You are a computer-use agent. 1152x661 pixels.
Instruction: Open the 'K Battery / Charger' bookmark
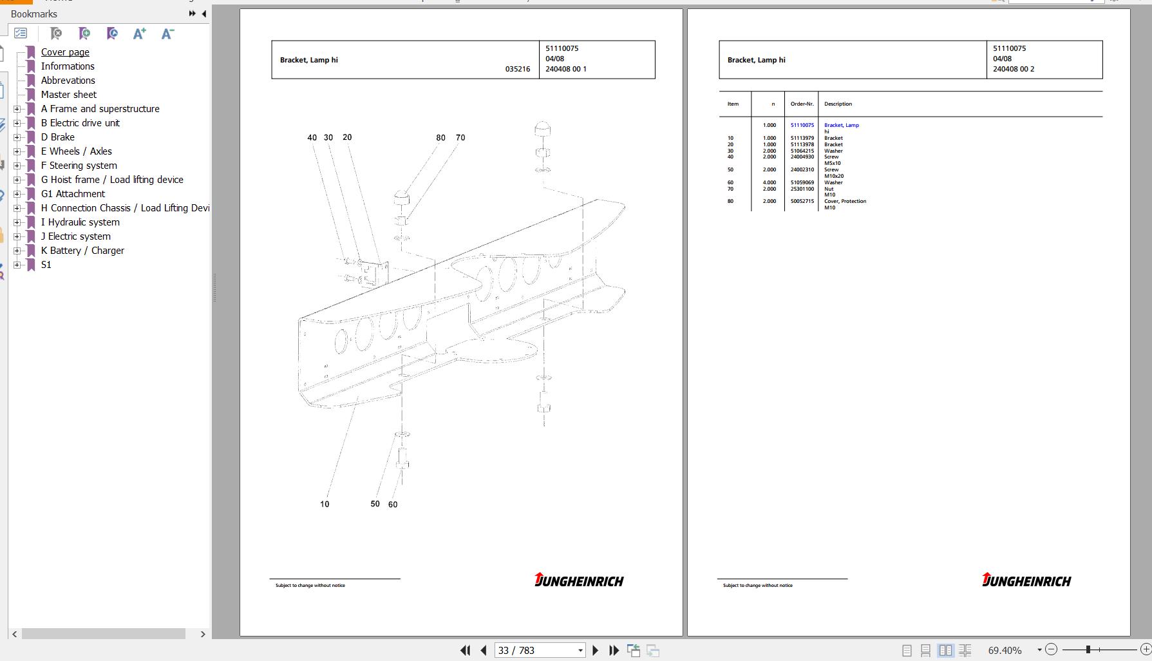click(82, 251)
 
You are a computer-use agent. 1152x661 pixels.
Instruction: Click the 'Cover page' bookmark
click(65, 52)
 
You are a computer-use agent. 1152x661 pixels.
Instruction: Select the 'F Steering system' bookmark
click(79, 166)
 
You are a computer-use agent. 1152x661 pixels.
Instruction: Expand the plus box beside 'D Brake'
click(17, 137)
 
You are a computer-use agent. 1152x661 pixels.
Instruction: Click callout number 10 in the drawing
click(325, 504)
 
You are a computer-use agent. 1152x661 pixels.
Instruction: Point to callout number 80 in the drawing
click(440, 138)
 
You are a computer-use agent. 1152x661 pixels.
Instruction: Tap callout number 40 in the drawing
click(312, 138)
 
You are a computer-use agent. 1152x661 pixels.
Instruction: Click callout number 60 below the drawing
click(393, 505)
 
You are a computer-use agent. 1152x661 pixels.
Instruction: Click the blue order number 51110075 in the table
click(802, 125)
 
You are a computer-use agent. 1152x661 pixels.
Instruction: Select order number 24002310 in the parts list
click(802, 169)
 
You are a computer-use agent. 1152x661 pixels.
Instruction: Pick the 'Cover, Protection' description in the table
click(845, 201)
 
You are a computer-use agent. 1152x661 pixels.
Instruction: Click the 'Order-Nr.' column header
click(802, 104)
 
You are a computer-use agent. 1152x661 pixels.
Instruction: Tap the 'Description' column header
click(838, 104)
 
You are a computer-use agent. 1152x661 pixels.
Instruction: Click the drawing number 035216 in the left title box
click(518, 69)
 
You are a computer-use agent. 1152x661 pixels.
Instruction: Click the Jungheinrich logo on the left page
click(579, 580)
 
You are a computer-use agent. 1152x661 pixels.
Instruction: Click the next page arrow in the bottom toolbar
click(595, 651)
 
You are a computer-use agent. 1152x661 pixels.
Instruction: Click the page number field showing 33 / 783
click(540, 651)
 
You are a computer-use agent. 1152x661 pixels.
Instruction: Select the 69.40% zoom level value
click(1005, 651)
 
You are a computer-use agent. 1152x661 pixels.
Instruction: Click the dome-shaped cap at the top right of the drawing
click(542, 128)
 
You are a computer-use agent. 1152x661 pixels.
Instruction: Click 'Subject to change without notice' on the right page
click(758, 586)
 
